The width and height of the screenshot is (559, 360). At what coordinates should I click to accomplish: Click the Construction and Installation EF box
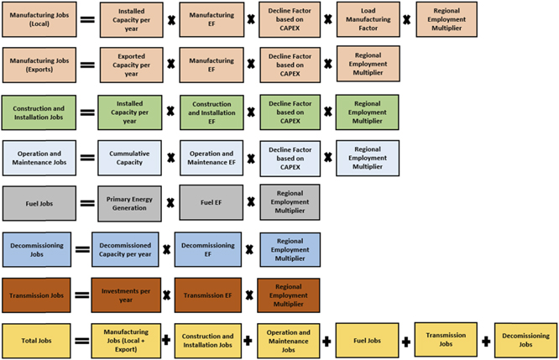tap(212, 112)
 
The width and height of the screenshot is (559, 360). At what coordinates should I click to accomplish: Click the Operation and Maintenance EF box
tap(212, 157)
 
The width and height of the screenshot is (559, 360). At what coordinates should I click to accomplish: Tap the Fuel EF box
tap(212, 202)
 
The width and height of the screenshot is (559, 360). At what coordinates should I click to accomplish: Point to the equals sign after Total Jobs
tap(82, 342)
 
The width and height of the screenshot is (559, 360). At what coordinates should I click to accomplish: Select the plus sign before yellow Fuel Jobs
tap(326, 342)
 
